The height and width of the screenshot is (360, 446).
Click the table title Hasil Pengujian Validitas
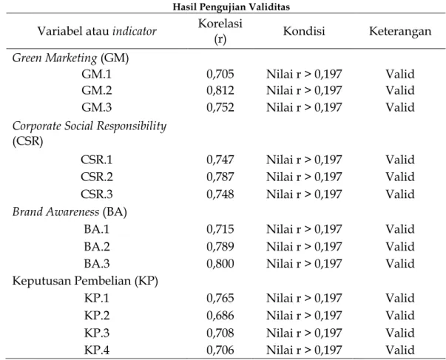coord(232,7)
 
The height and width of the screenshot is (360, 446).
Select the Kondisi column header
coord(304,31)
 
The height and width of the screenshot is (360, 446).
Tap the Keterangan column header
coord(400,31)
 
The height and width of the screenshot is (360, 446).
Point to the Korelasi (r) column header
coord(220,31)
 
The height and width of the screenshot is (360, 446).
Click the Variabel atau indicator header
coord(97,31)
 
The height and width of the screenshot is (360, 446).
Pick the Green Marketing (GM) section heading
coord(70,58)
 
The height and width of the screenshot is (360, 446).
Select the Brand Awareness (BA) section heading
coord(70,212)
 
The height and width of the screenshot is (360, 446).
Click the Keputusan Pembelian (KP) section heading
coord(85,281)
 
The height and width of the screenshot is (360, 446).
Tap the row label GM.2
coord(97,90)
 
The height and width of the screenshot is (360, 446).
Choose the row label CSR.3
coord(97,194)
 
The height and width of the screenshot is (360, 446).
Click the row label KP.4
coord(97,350)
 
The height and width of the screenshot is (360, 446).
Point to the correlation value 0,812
coord(220,90)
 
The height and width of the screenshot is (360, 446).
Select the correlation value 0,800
coord(220,264)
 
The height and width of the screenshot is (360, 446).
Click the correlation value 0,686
coord(220,316)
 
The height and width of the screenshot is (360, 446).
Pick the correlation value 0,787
coord(220,177)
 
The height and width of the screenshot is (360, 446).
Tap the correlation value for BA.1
coord(220,229)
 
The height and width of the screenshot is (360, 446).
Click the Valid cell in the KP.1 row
coord(400,299)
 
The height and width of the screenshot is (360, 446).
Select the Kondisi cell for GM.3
coord(304,107)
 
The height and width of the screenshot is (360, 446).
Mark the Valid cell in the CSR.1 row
coord(400,160)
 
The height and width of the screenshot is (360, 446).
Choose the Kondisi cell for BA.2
coord(304,247)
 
